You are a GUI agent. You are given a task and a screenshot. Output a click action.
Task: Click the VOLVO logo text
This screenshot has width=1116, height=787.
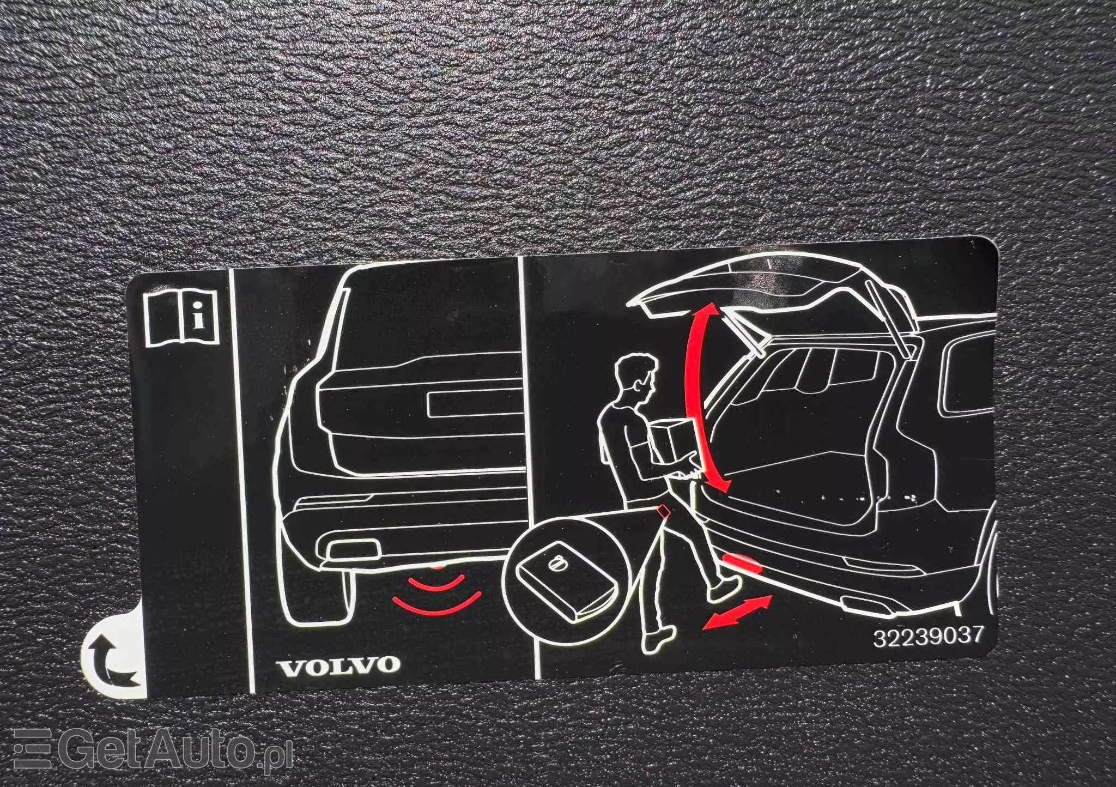(338, 664)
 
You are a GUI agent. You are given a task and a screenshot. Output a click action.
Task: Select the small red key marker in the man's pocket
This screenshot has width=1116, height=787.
(664, 511)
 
